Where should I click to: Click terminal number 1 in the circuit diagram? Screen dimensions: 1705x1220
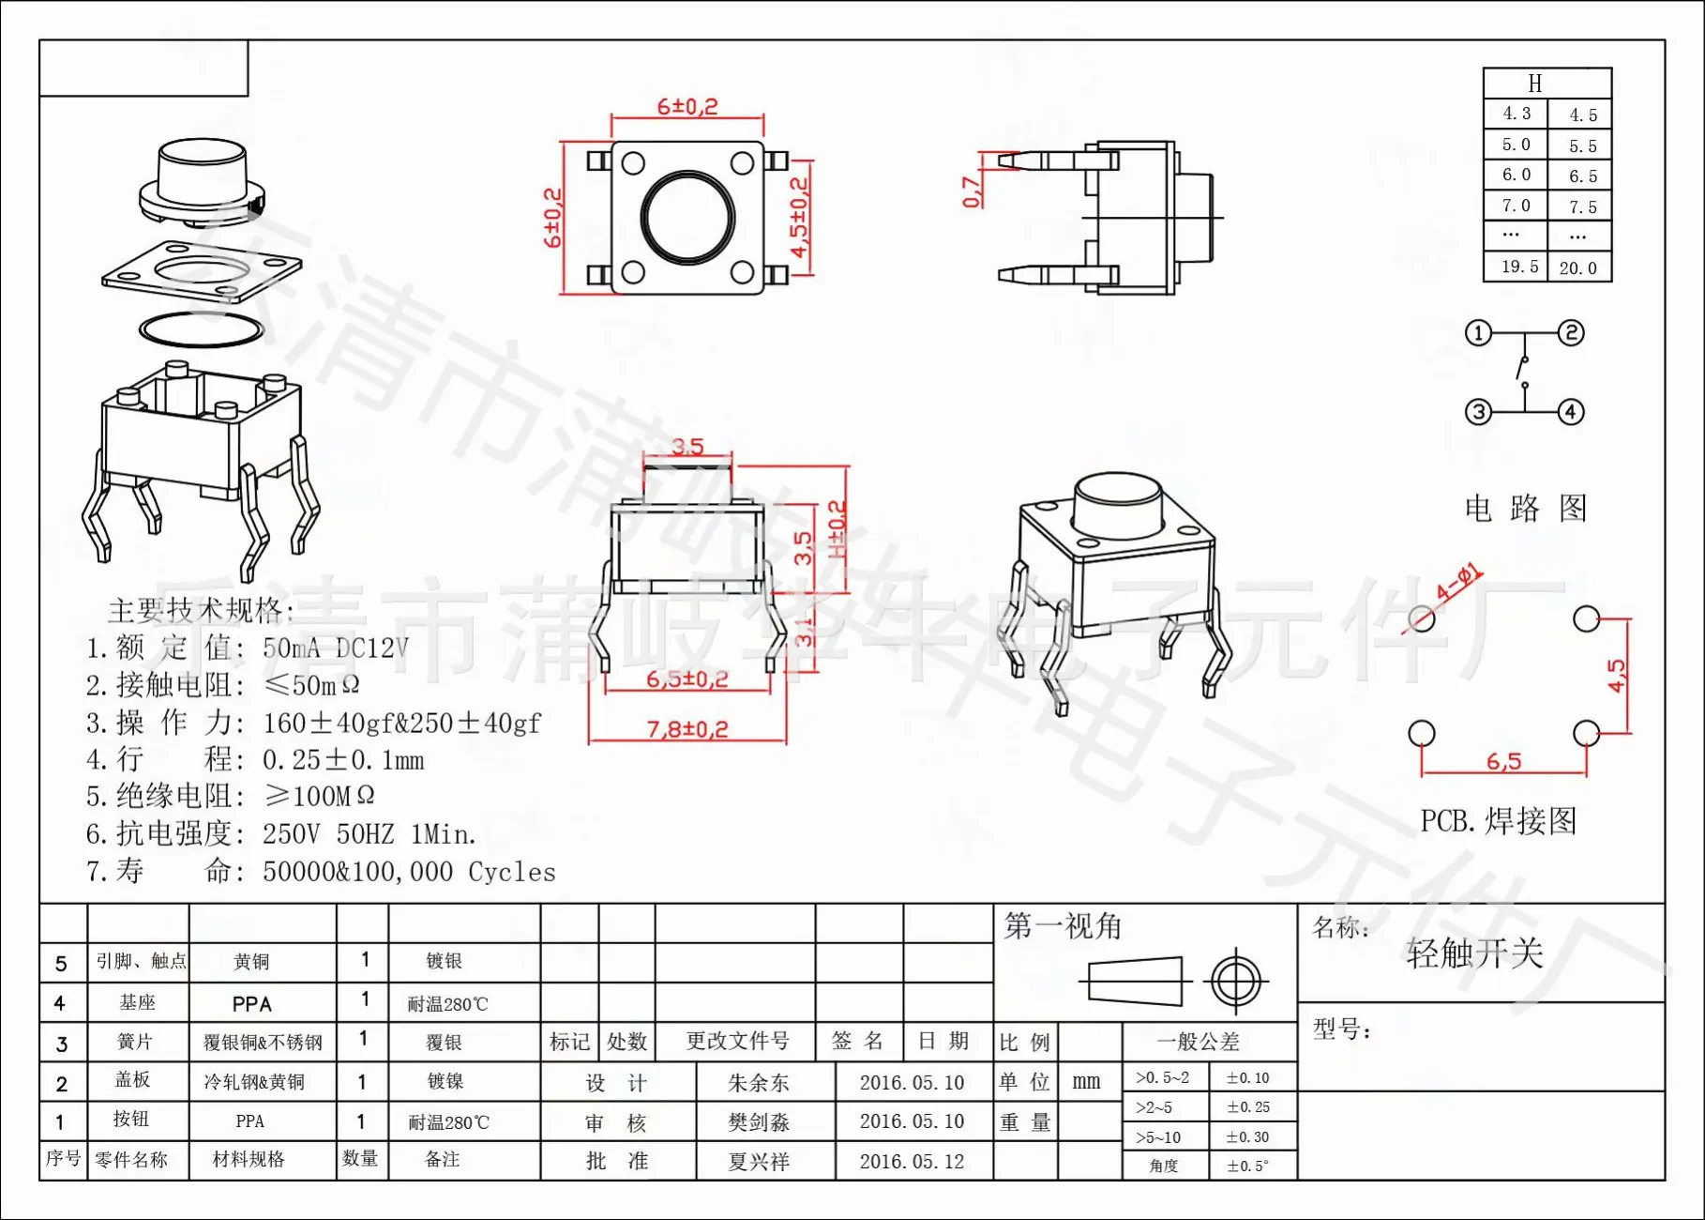pos(1478,333)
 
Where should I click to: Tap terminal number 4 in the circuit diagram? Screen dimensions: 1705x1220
pos(1571,412)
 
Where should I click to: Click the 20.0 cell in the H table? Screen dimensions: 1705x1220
pos(1578,268)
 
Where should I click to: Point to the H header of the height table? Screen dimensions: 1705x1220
pos(1535,84)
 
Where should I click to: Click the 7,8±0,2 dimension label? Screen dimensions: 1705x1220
pos(687,728)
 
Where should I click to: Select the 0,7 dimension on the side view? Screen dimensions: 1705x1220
pos(972,191)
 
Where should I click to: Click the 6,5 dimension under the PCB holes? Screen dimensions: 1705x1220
pos(1503,762)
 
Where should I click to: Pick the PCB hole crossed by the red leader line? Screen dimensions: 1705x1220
pos(1422,618)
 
